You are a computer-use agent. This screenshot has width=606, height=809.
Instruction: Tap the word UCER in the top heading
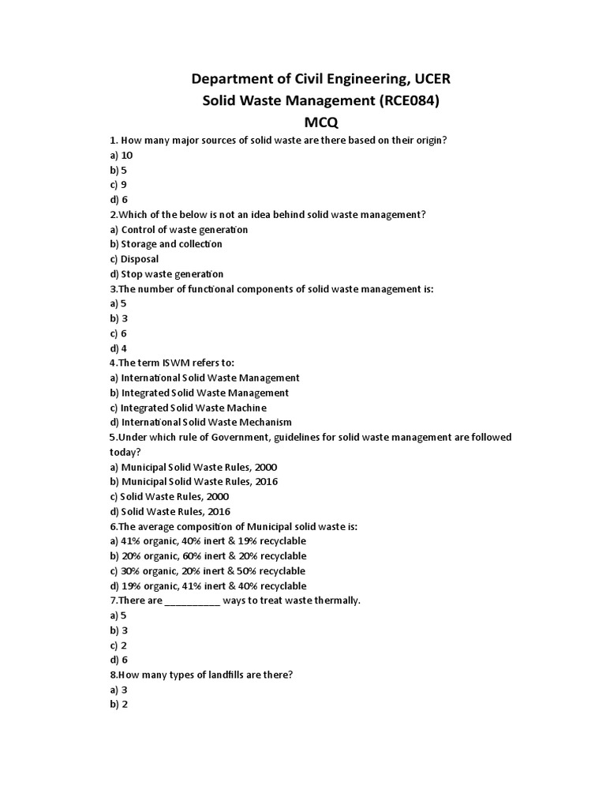[425, 79]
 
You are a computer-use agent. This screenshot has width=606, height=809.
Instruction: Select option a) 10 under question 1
[122, 156]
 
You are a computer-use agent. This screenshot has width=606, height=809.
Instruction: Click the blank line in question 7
[193, 601]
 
